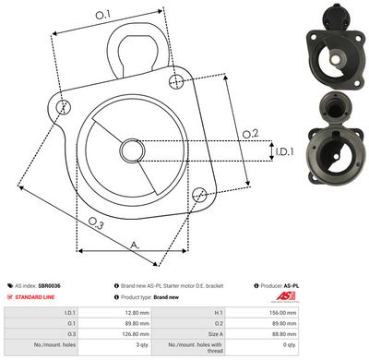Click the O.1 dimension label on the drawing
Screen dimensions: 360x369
pos(102,15)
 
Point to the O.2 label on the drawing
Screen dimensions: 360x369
pos(249,135)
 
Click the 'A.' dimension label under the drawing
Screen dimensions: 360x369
pos(135,245)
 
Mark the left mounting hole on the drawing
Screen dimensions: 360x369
pos(63,107)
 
